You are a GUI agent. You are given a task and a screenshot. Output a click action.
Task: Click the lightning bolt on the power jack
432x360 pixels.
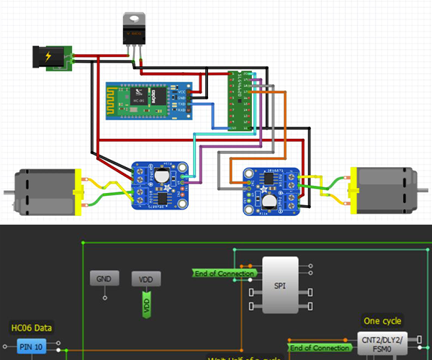48,57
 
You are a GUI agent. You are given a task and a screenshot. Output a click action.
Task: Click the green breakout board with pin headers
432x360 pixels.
237,100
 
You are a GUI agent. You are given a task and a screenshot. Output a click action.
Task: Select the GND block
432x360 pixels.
104,278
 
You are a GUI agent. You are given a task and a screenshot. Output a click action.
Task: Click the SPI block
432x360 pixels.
280,285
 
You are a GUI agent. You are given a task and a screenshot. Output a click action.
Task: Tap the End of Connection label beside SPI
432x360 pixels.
224,274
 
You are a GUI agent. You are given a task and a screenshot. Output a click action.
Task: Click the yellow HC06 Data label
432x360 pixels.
31,328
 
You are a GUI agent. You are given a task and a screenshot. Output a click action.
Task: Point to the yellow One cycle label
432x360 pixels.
382,321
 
